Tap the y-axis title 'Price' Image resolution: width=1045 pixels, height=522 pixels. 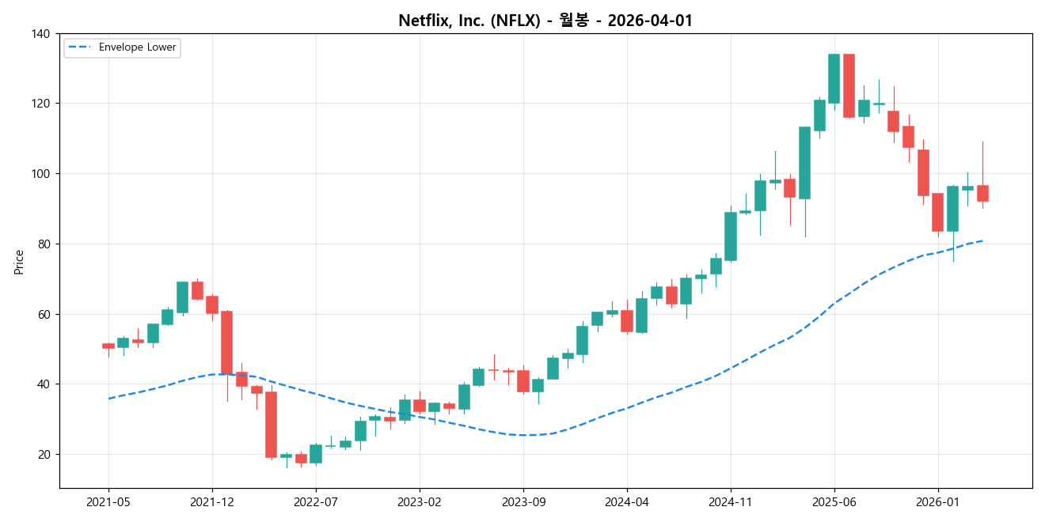tap(19, 262)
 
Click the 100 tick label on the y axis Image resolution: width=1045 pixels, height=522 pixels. tap(41, 174)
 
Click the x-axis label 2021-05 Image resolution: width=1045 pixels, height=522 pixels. tap(108, 502)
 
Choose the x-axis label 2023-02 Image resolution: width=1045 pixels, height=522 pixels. tap(420, 502)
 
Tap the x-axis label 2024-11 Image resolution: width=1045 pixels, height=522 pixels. tap(730, 502)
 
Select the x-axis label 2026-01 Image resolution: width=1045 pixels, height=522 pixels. tap(938, 502)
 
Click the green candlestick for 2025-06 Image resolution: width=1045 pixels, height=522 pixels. tap(834, 78)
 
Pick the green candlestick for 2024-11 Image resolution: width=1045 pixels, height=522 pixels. tap(730, 236)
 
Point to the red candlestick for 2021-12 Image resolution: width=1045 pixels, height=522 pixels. tap(212, 304)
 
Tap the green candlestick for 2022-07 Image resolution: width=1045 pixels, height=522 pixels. tap(316, 453)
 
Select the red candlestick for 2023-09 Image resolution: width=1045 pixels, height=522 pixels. tap(523, 380)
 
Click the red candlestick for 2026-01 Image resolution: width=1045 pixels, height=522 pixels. tap(938, 212)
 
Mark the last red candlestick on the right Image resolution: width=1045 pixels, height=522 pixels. tap(982, 193)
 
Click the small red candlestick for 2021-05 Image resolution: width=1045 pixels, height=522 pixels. tap(108, 346)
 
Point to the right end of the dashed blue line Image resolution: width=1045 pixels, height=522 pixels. tap(982, 240)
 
